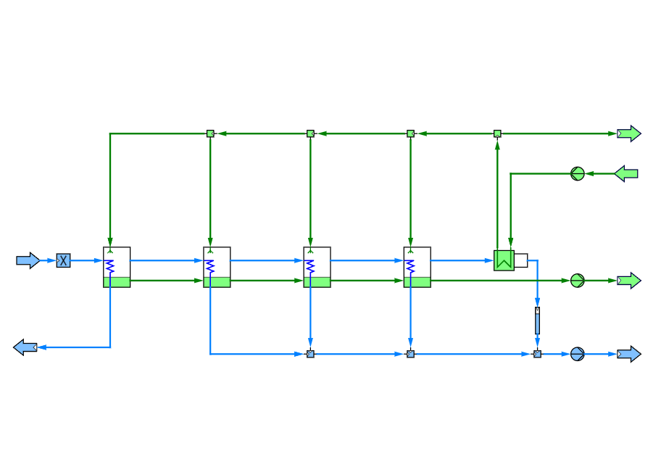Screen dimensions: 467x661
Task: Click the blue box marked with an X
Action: pyautogui.click(x=64, y=260)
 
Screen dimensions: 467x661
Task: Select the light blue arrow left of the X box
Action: pyautogui.click(x=28, y=260)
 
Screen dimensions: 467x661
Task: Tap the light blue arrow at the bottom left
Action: pyautogui.click(x=25, y=347)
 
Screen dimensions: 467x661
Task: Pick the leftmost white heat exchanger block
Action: pyautogui.click(x=117, y=263)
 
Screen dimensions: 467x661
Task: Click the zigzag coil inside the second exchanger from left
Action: pyautogui.click(x=209, y=266)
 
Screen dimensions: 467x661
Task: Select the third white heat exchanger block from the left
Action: pyautogui.click(x=317, y=263)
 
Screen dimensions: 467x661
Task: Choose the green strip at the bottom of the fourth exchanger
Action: pyautogui.click(x=417, y=282)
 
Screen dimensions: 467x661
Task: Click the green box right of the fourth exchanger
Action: pyautogui.click(x=504, y=260)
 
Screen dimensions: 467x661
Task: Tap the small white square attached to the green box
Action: pyautogui.click(x=520, y=260)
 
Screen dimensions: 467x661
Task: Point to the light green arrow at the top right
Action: pyautogui.click(x=628, y=133)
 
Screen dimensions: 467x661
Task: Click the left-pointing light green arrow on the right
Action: pyautogui.click(x=626, y=173)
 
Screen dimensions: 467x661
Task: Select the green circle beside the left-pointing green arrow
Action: pyautogui.click(x=578, y=173)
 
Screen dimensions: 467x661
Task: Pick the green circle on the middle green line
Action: pyautogui.click(x=577, y=281)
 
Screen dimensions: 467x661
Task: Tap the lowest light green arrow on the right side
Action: pyautogui.click(x=628, y=281)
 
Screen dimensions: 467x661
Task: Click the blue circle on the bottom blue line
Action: pyautogui.click(x=577, y=354)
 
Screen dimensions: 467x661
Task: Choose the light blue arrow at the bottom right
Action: pyautogui.click(x=628, y=354)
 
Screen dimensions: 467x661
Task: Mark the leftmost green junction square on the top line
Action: pyautogui.click(x=210, y=133)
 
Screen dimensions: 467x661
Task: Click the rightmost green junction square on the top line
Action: pyautogui.click(x=497, y=133)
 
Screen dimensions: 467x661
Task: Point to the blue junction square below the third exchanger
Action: pyautogui.click(x=310, y=354)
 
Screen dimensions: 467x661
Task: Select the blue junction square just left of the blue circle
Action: pyautogui.click(x=537, y=354)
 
